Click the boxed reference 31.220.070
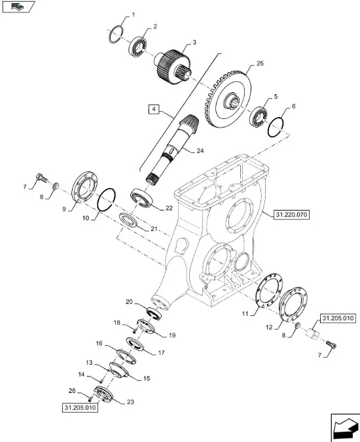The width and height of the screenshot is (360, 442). tap(291, 215)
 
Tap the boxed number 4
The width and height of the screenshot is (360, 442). tap(153, 109)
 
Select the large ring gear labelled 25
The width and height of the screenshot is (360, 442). tap(227, 99)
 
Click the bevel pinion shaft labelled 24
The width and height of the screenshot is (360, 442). tap(173, 150)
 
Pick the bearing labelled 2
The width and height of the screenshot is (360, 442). tap(138, 46)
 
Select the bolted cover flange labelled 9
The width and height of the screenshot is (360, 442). tap(84, 186)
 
